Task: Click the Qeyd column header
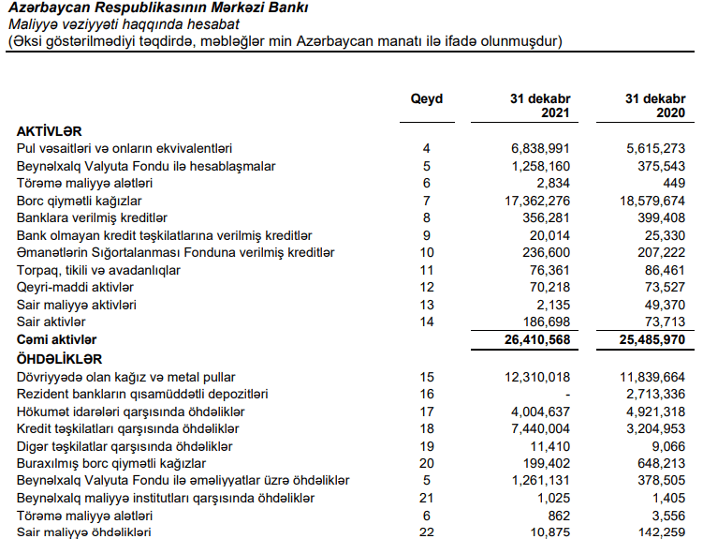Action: pyautogui.click(x=426, y=98)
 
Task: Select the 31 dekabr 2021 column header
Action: pyautogui.click(x=540, y=106)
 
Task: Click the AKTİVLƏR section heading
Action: pyautogui.click(x=51, y=131)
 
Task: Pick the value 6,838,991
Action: pyautogui.click(x=541, y=149)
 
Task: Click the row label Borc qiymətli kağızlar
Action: pyautogui.click(x=80, y=200)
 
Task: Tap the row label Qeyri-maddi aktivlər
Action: pyautogui.click(x=75, y=287)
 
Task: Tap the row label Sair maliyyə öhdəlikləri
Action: pyautogui.click(x=83, y=532)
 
